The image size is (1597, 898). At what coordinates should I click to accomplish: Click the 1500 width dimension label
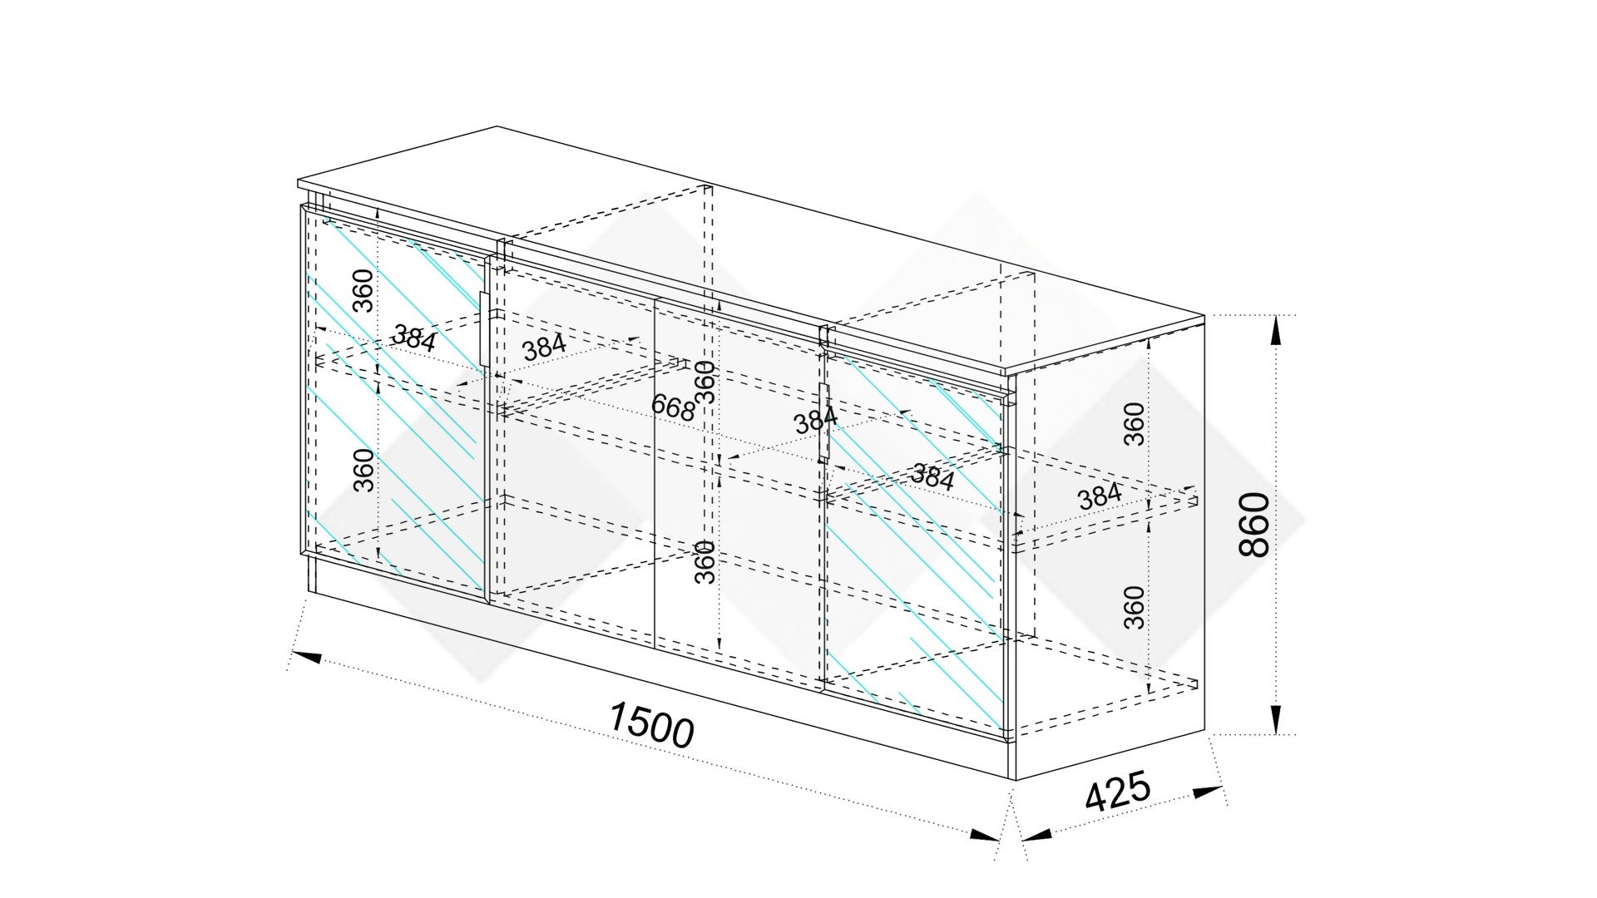[651, 725]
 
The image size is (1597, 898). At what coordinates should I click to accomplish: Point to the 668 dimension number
[673, 407]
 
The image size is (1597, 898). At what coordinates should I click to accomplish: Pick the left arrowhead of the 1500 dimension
[306, 657]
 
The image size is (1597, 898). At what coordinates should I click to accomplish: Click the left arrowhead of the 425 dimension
[1036, 834]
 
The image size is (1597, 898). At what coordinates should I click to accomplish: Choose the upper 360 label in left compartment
[363, 289]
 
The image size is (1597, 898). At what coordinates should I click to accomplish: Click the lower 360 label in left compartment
[363, 470]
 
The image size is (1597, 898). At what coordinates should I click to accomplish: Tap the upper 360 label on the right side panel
[1135, 423]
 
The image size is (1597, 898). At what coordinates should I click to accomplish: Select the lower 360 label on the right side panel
[1135, 607]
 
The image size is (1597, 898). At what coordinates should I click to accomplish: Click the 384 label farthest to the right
[1100, 496]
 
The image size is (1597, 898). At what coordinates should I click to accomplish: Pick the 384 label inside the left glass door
[414, 338]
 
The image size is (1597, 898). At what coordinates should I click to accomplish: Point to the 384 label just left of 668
[544, 346]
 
